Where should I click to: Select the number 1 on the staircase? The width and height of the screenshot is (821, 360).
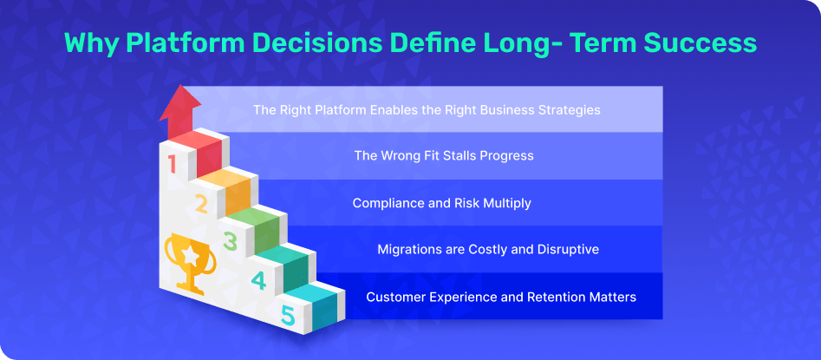tap(171, 163)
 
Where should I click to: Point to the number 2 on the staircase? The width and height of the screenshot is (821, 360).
tap(201, 204)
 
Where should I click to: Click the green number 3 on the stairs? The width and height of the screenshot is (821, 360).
tap(230, 242)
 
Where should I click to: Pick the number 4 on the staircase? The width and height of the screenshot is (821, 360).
tap(258, 280)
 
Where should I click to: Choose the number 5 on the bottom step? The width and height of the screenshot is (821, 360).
tap(288, 316)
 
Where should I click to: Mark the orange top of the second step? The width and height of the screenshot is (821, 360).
tap(221, 177)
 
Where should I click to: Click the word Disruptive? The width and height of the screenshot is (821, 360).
tap(568, 250)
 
